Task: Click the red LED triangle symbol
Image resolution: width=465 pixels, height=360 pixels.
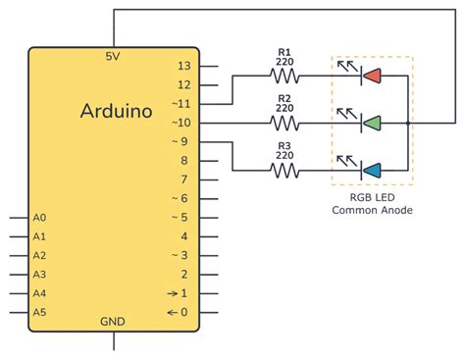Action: tap(371, 76)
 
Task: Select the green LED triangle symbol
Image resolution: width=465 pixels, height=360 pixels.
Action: tap(371, 123)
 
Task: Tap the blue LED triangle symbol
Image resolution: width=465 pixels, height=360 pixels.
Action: tap(371, 171)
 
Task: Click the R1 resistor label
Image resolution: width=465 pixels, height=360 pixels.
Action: tap(285, 51)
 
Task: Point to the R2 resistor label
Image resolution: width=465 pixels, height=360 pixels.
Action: tap(285, 98)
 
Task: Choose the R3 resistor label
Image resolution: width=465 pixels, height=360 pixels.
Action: tap(285, 146)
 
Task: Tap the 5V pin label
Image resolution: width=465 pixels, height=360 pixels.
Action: tap(113, 57)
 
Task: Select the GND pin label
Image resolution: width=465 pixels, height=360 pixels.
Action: tap(113, 322)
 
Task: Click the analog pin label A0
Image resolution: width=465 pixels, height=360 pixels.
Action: tap(39, 218)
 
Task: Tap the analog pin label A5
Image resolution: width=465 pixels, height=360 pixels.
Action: tap(39, 312)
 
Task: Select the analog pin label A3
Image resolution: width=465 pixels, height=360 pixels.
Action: tap(39, 275)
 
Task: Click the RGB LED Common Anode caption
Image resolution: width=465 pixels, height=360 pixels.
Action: tap(372, 203)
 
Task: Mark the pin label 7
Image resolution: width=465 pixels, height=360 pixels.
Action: tap(184, 180)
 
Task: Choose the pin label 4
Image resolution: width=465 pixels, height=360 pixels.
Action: tap(184, 236)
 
